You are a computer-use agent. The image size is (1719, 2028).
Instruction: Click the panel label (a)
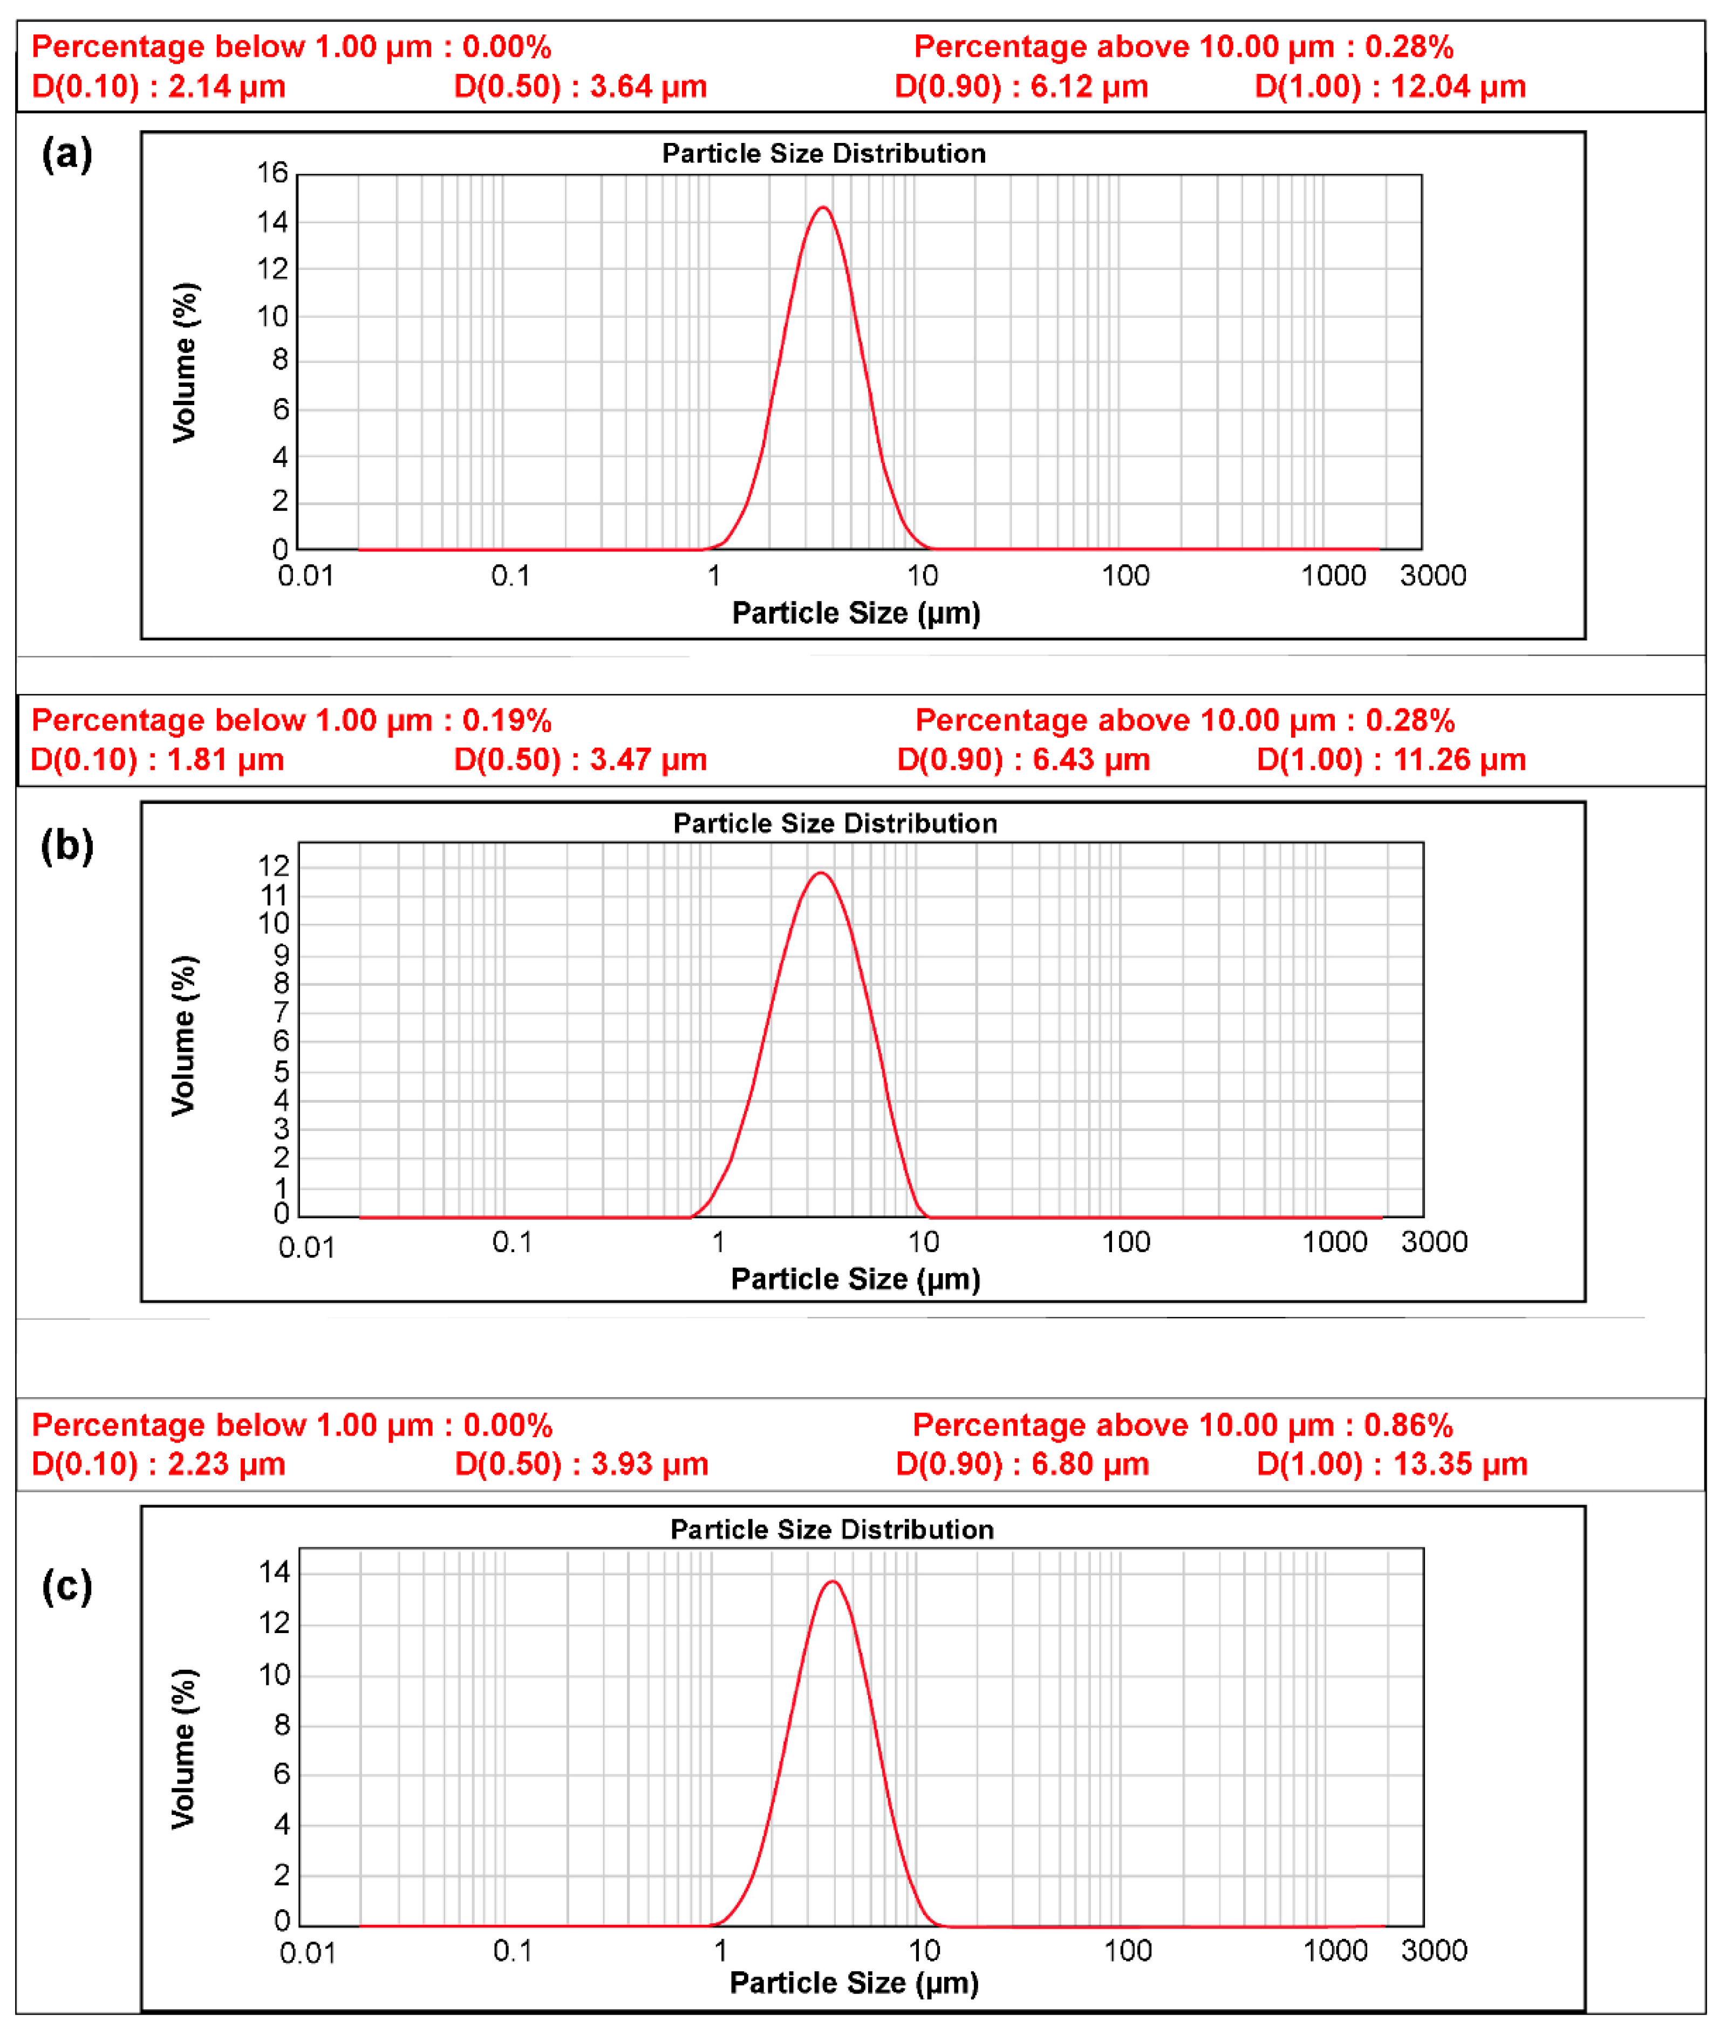click(x=66, y=154)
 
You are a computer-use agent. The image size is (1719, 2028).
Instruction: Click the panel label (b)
click(x=66, y=845)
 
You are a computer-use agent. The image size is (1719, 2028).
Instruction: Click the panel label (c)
click(x=66, y=1586)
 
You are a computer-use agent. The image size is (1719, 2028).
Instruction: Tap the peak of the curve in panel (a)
click(x=823, y=208)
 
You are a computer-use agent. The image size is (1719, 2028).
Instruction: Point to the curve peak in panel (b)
click(x=822, y=873)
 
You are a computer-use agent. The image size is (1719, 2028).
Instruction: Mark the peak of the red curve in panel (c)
click(x=833, y=1582)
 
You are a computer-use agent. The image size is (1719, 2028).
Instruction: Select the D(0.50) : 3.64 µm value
click(x=580, y=87)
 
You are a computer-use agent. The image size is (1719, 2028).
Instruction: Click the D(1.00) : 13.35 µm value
click(x=1391, y=1464)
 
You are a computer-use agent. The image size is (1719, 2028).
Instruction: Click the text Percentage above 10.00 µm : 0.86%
click(x=1182, y=1425)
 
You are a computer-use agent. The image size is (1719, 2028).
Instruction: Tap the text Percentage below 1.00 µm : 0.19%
click(x=291, y=720)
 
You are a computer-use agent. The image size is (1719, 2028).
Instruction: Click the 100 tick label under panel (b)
click(x=1125, y=1241)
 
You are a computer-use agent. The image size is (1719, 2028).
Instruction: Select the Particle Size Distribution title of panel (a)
click(x=823, y=154)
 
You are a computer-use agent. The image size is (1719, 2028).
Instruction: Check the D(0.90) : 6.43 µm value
click(x=1023, y=759)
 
